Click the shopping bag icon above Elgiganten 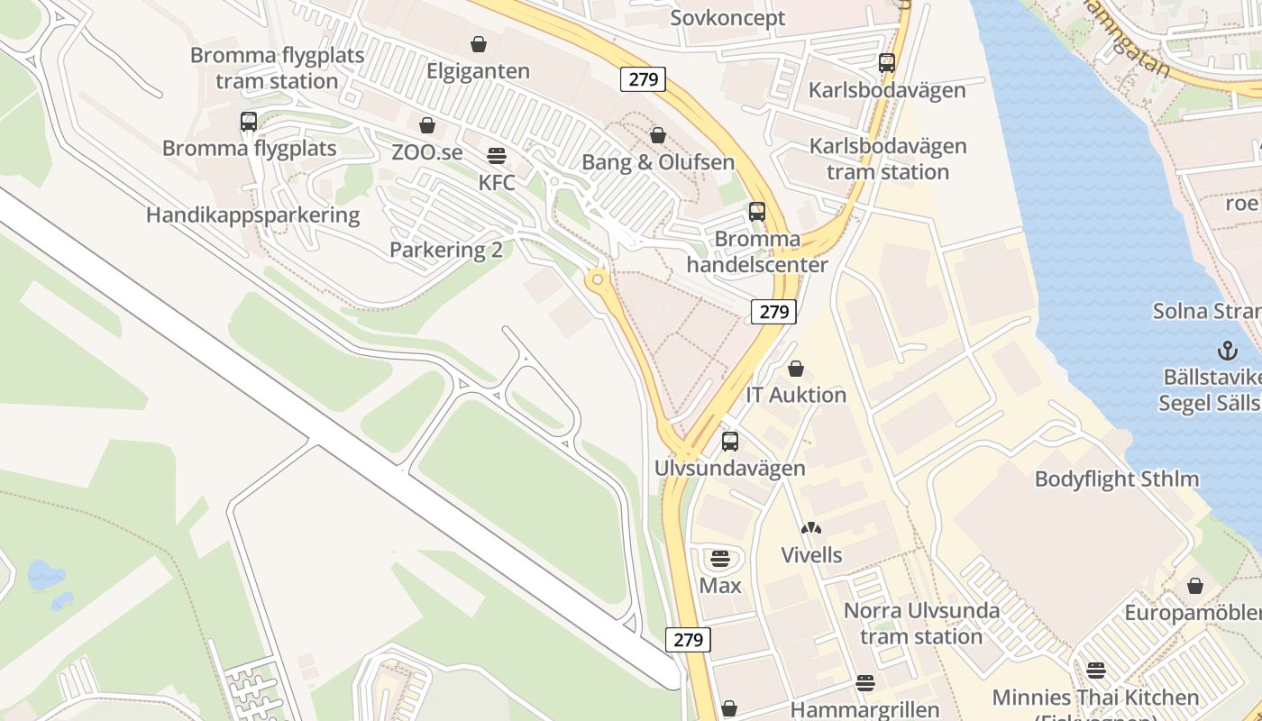click(479, 43)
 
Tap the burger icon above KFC click(497, 155)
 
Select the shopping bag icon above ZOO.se click(427, 125)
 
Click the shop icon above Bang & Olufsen click(658, 135)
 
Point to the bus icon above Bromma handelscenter click(757, 212)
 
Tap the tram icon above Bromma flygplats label click(249, 122)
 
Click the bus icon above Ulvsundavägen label click(730, 442)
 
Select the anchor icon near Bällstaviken click(1227, 351)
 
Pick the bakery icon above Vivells click(811, 528)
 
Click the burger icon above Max click(719, 559)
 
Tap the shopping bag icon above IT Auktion click(796, 369)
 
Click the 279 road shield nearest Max click(688, 640)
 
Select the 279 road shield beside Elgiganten click(643, 79)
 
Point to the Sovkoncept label click(727, 18)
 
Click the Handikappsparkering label click(252, 215)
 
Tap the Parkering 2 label click(446, 250)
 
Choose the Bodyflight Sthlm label click(1117, 479)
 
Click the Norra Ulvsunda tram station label click(921, 624)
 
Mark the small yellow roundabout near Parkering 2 click(596, 281)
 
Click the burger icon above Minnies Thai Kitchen click(1096, 671)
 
